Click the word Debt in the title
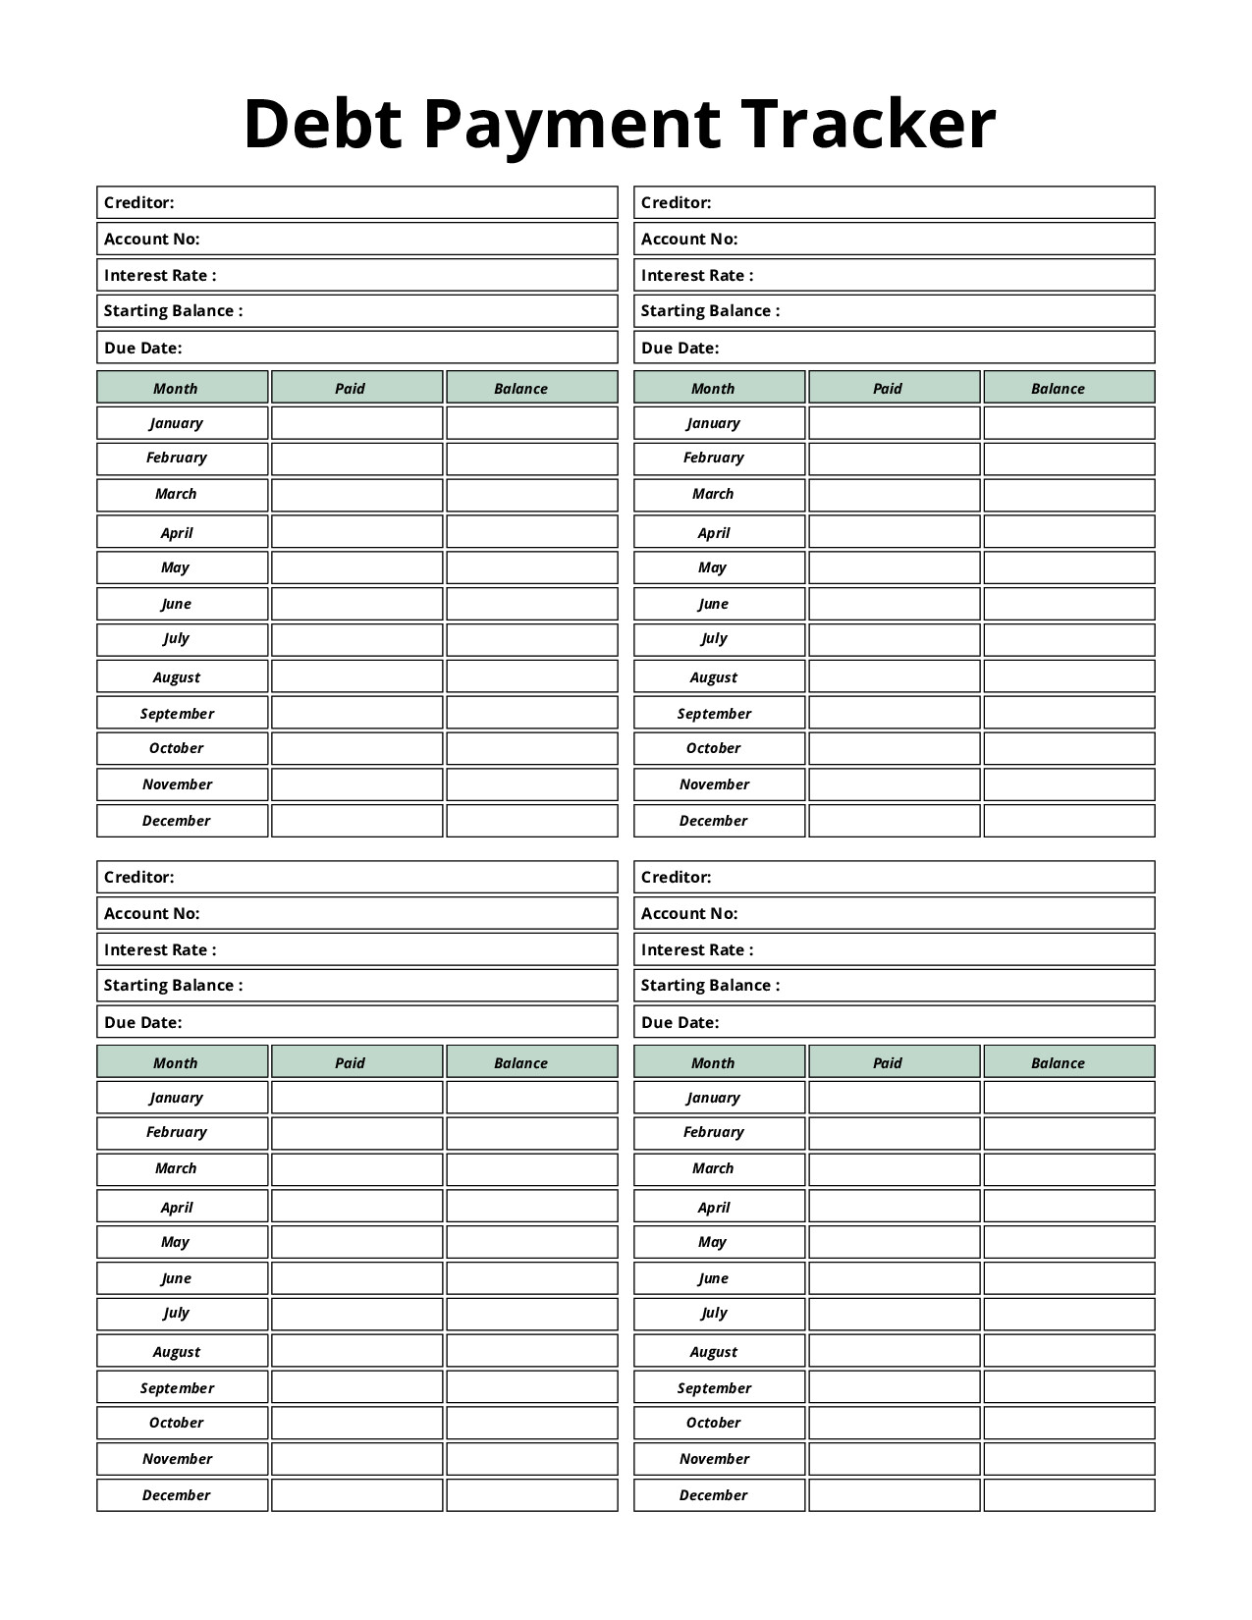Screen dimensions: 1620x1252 [323, 125]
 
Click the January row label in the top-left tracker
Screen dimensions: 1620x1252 [177, 423]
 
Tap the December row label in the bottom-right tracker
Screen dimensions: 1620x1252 [714, 1495]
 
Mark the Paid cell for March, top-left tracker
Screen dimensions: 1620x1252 [356, 495]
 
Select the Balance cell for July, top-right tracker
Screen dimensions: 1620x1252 [1068, 640]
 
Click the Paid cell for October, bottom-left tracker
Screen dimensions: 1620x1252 [356, 1423]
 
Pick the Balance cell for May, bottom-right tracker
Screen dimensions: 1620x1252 [1068, 1242]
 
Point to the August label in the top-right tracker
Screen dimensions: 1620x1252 [714, 677]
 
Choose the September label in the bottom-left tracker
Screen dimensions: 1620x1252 [177, 1388]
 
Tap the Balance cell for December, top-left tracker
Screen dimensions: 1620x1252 [531, 821]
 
